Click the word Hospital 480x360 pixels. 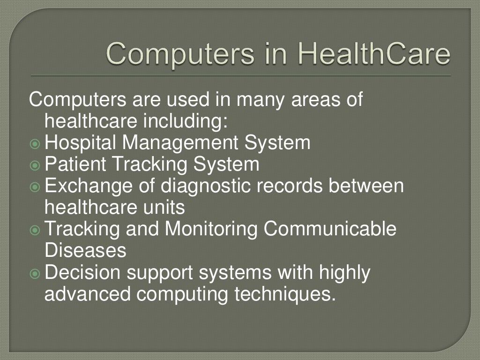pyautogui.click(x=77, y=142)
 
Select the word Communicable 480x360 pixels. pyautogui.click(x=330, y=229)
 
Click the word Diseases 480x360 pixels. pyautogui.click(x=85, y=250)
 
